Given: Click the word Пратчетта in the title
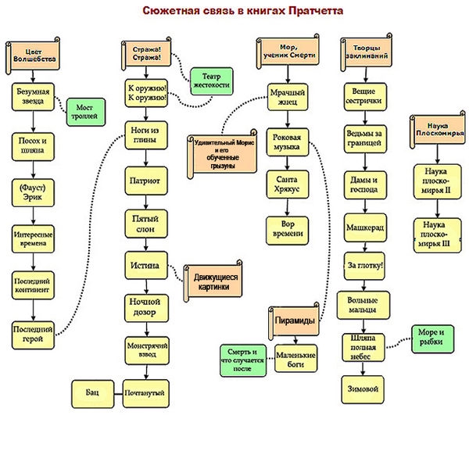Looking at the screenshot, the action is point(316,11).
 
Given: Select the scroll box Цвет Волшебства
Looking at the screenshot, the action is point(33,56).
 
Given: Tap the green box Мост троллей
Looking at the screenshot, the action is point(86,112).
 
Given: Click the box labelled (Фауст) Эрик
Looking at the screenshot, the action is point(33,192).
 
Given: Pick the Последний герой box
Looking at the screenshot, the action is point(33,335).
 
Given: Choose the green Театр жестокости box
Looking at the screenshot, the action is point(212,81).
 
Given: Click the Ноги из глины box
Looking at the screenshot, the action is point(146,135).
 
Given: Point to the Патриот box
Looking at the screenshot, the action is point(146,181).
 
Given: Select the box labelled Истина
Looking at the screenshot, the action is point(146,265).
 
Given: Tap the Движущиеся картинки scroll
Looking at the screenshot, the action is point(213,281).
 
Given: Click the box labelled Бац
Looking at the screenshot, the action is point(93,394).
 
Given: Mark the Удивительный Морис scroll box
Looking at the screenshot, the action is point(222,154).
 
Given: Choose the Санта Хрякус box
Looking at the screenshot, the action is point(288,184).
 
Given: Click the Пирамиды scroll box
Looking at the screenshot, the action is point(294,321).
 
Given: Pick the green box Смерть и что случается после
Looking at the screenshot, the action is point(243,360).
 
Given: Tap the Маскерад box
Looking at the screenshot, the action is point(365,227).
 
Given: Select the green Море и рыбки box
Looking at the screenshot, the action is point(432,339).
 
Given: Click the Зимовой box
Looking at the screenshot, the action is point(363,389).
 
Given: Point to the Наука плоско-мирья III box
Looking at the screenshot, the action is point(437,235).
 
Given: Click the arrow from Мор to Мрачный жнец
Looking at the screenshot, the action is point(288,74).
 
